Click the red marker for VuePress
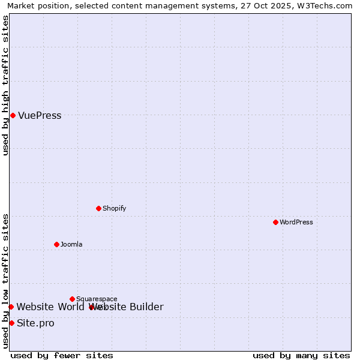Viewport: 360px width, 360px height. click(13, 115)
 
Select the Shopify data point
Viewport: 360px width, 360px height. click(99, 208)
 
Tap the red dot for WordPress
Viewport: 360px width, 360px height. click(275, 222)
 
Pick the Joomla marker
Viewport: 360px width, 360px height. click(56, 244)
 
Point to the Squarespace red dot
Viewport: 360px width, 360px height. click(72, 299)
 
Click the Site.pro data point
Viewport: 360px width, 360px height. click(11, 323)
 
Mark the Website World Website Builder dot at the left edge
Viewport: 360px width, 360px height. click(11, 307)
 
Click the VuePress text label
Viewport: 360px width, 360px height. click(40, 116)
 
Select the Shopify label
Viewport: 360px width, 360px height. click(114, 208)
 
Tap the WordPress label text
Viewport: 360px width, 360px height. click(296, 222)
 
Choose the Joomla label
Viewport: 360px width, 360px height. click(71, 244)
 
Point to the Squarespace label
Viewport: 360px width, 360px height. click(97, 299)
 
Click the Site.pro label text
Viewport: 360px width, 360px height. click(35, 323)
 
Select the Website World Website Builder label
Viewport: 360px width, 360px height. click(90, 307)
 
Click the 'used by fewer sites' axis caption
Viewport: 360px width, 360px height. click(62, 356)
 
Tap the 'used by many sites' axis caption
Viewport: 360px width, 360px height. click(301, 356)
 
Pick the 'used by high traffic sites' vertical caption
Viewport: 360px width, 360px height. click(5, 85)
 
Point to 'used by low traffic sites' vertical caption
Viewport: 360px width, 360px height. click(5, 281)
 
